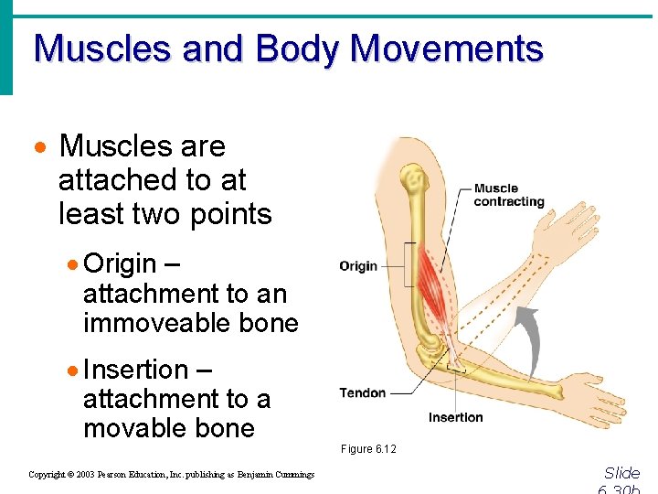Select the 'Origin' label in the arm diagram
pyautogui.click(x=357, y=266)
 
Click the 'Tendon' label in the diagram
pyautogui.click(x=363, y=393)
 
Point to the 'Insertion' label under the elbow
pyautogui.click(x=455, y=417)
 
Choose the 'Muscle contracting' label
pyautogui.click(x=508, y=195)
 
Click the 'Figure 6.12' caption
pyautogui.click(x=368, y=449)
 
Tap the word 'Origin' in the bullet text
pyautogui.click(x=120, y=264)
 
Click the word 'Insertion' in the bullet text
pyautogui.click(x=135, y=370)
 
